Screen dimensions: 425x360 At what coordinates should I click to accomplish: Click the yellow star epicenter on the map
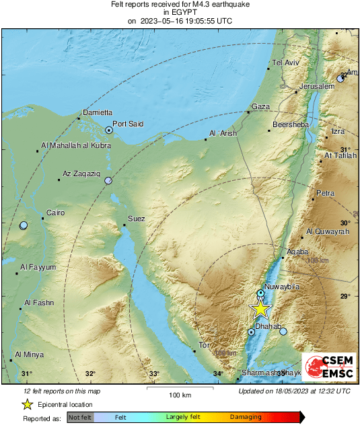coord(260,309)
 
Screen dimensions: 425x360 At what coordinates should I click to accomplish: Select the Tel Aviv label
coord(285,63)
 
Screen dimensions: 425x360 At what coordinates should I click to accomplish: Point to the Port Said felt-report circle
coord(109,130)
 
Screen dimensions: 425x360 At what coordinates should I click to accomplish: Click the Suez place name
coord(137,219)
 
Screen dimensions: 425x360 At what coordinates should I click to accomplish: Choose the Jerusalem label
coord(316,87)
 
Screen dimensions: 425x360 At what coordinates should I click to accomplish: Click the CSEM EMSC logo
coord(329,367)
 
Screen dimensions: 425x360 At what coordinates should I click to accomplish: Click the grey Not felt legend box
coord(80,418)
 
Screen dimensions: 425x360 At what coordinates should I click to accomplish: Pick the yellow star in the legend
coord(27,404)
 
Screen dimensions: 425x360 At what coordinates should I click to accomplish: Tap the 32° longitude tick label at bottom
coord(89,373)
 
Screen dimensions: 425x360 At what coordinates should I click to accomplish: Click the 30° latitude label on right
coord(345,223)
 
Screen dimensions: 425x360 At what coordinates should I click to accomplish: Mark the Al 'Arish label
coord(223,133)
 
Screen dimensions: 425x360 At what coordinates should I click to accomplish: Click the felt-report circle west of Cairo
coord(24,226)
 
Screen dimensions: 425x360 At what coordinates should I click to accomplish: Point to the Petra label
coord(326,193)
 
